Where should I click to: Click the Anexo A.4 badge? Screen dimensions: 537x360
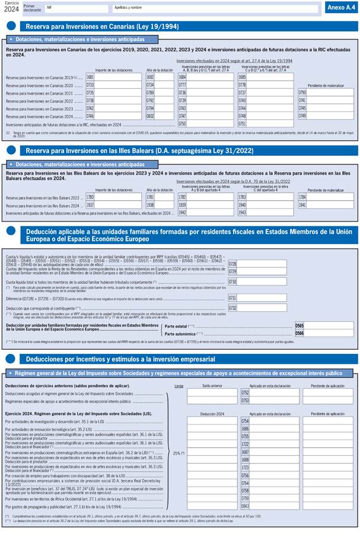(x=340, y=8)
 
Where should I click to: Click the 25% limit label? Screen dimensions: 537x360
(x=179, y=453)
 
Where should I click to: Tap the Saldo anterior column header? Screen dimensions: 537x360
(x=212, y=385)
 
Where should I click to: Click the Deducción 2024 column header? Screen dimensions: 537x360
(x=212, y=414)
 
